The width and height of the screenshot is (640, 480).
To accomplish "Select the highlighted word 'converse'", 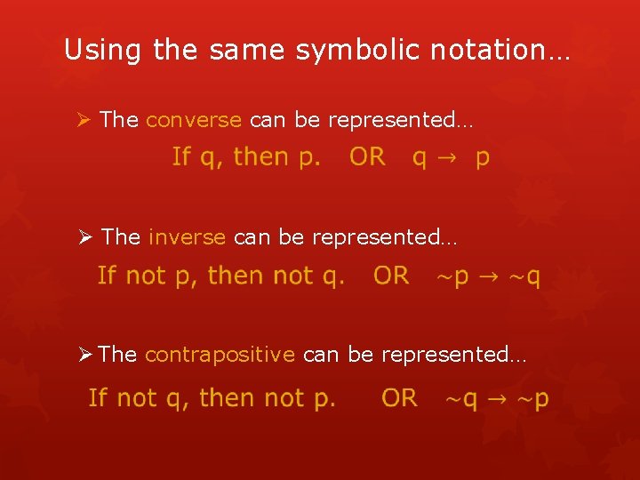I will pos(193,120).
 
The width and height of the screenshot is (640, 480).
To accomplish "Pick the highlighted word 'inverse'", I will pos(187,237).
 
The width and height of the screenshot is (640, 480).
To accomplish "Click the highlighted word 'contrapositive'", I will pos(219,355).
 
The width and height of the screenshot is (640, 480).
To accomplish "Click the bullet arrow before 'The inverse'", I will pos(85,237).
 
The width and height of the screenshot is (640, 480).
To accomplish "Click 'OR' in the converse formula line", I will pos(367,157).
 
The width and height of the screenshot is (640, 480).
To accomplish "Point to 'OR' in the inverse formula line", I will pos(391,276).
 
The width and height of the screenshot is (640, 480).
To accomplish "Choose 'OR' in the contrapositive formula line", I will pos(399,398).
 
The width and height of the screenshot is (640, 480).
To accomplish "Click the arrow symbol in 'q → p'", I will pos(451,158).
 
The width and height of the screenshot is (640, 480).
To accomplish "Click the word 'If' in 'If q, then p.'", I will pos(180,157).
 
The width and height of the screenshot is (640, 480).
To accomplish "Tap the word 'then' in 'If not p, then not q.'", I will pos(236,276).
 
